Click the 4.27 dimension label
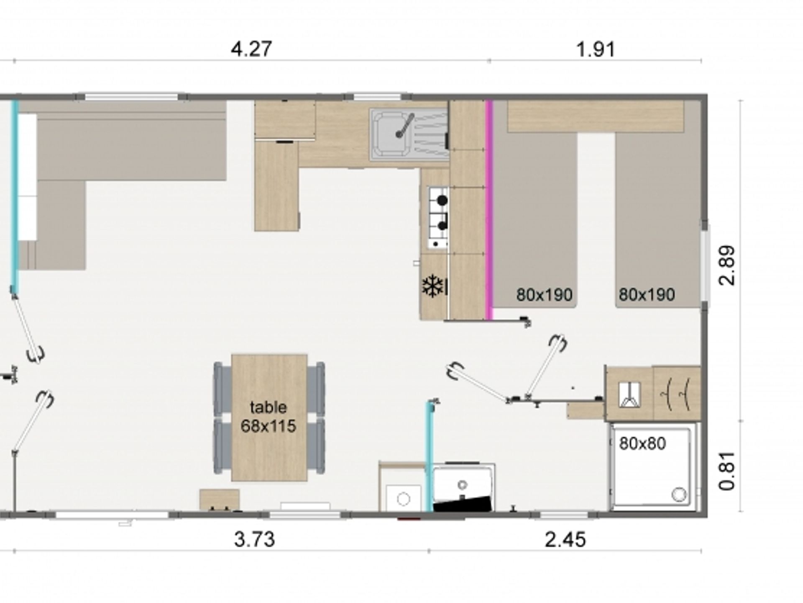click(x=251, y=49)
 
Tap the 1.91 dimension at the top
click(x=596, y=49)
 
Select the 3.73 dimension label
click(x=254, y=539)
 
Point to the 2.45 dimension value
click(x=565, y=539)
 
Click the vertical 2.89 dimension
click(x=726, y=265)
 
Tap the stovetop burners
click(x=438, y=217)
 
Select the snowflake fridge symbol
click(x=433, y=287)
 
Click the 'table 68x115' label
click(x=269, y=416)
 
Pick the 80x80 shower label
click(x=642, y=444)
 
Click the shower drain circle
click(x=679, y=495)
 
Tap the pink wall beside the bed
click(x=489, y=209)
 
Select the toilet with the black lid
click(x=463, y=489)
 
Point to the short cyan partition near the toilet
click(x=430, y=456)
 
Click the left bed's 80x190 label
click(x=544, y=295)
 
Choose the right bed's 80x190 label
click(x=647, y=295)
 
